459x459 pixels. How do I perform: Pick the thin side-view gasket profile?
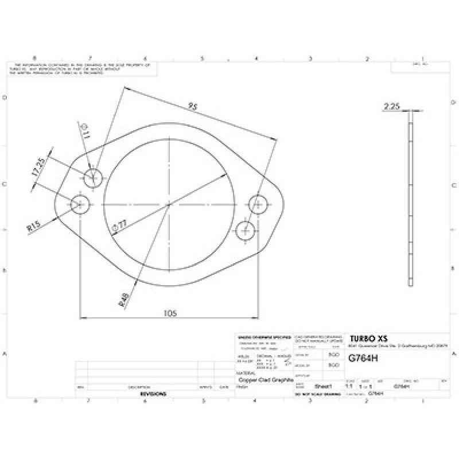click(410, 198)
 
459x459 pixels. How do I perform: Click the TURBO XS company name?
click(368, 339)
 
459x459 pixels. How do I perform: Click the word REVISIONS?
click(153, 395)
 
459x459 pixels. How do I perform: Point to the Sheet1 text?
click(323, 387)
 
